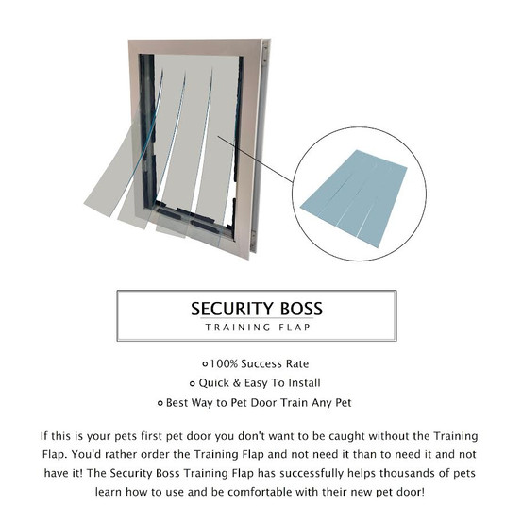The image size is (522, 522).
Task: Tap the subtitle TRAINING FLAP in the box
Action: click(261, 328)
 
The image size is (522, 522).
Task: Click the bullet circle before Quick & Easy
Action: click(193, 383)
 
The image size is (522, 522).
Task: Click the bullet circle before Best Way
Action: click(160, 403)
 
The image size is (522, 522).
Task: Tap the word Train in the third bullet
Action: click(305, 403)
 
